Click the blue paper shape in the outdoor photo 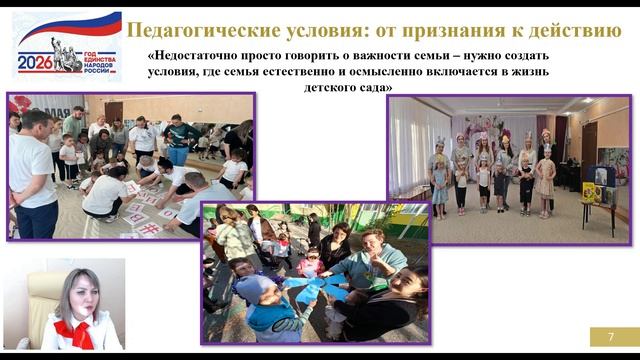pyautogui.click(x=315, y=290)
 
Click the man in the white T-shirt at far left pyautogui.click(x=30, y=175)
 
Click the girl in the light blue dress pyautogui.click(x=440, y=185)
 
